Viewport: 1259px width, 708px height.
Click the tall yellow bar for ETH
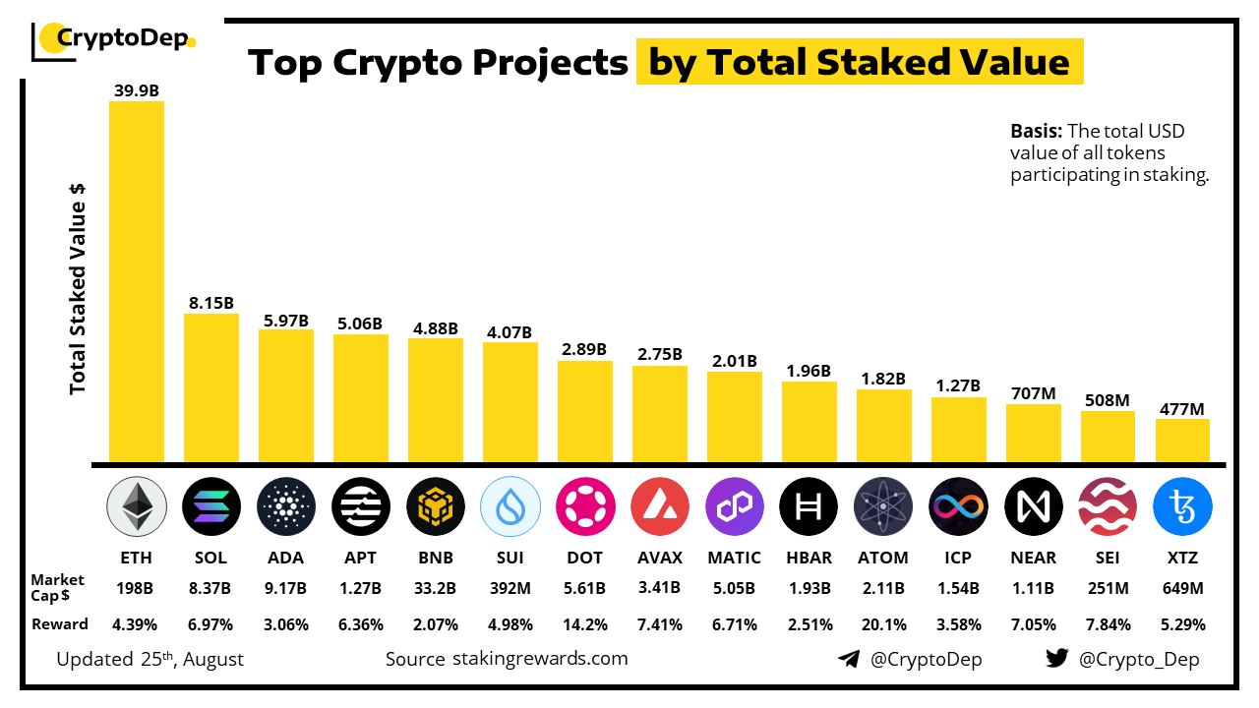136,281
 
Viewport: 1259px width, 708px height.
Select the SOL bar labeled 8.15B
210,387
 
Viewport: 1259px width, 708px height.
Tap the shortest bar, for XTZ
1182,441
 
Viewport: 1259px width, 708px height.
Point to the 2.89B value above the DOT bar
584,349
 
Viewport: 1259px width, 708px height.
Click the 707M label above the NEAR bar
1033,393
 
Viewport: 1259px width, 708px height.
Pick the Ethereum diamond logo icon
136,507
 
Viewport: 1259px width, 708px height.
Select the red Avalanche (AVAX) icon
659,507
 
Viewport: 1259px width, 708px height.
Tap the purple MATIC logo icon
734,507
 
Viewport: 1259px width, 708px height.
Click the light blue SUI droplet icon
510,507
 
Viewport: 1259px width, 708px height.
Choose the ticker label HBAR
809,558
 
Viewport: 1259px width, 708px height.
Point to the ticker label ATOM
883,558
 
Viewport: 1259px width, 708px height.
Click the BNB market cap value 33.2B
435,588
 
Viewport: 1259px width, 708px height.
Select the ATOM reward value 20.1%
883,624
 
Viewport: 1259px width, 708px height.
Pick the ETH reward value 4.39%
136,624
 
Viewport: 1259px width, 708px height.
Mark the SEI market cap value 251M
1108,588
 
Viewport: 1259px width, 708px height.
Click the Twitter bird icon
1056,659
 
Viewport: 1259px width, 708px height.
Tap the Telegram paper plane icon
848,659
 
